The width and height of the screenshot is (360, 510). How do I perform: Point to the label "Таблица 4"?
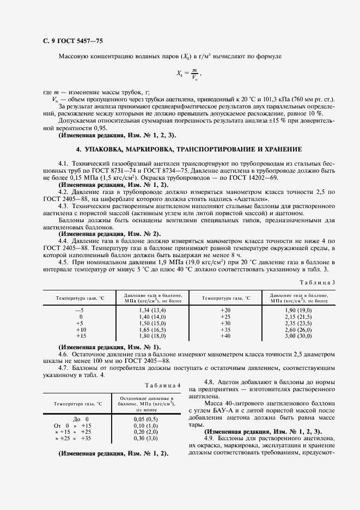tap(163, 385)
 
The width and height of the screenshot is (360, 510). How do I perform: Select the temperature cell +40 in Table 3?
tap(225, 336)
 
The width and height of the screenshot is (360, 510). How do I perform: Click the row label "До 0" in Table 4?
tap(80, 418)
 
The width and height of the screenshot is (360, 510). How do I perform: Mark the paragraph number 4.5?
tap(63, 262)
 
